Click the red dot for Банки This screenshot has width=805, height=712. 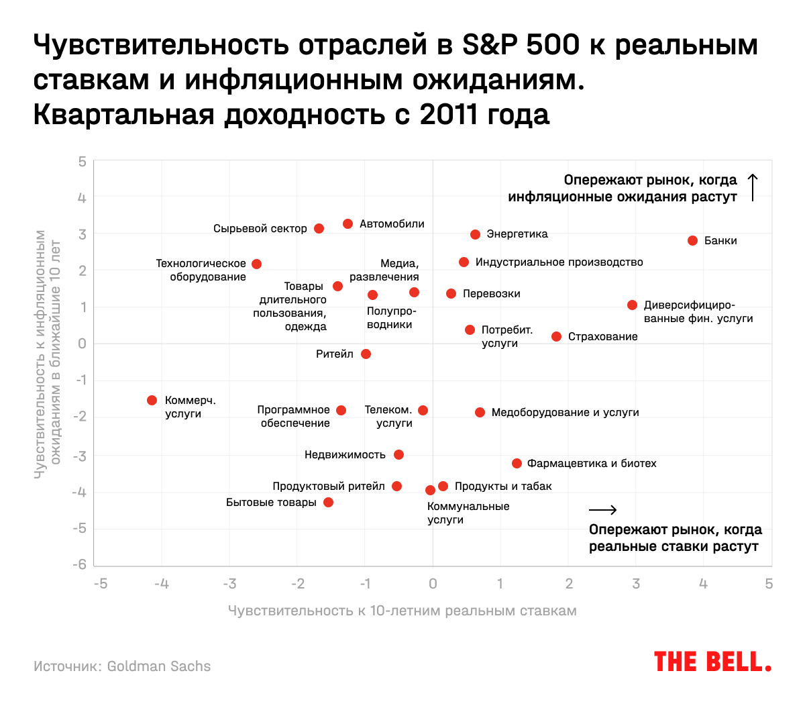(x=692, y=241)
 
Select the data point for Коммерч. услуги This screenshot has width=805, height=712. (x=152, y=401)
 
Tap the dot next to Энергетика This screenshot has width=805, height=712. (x=475, y=235)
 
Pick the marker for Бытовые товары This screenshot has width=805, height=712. (x=328, y=503)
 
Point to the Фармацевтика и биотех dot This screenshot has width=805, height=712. (x=517, y=464)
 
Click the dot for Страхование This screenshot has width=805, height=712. (x=556, y=337)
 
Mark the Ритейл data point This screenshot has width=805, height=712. (x=366, y=354)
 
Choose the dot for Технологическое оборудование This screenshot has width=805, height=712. (x=256, y=264)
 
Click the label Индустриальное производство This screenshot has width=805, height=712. (x=559, y=262)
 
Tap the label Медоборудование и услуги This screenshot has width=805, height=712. (x=565, y=413)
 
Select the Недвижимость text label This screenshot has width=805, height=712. (x=345, y=455)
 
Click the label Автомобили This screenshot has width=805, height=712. (x=392, y=224)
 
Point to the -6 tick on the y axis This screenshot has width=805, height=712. (x=80, y=564)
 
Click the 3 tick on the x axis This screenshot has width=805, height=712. (x=636, y=584)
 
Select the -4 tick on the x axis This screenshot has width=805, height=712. (x=161, y=584)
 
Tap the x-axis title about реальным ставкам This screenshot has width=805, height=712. (x=402, y=611)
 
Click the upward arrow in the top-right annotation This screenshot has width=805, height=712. (x=753, y=188)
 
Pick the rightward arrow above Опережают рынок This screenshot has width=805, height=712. (x=602, y=510)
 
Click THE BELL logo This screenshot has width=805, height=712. (x=712, y=662)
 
